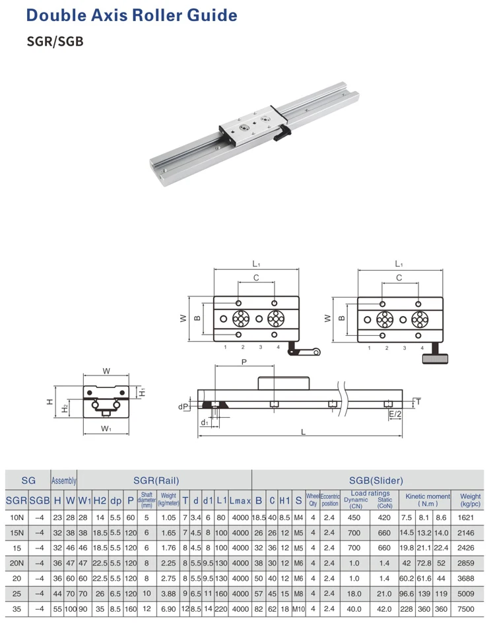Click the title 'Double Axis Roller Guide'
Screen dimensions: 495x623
[131, 15]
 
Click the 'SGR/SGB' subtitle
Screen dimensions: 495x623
[55, 42]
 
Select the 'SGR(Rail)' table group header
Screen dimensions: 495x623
[156, 480]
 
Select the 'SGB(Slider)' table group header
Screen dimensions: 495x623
[376, 480]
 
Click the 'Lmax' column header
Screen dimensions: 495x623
[240, 501]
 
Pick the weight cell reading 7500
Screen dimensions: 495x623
[465, 608]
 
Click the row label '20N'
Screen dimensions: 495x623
[16, 563]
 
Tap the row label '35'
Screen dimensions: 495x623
[16, 608]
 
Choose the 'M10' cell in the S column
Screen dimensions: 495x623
[298, 608]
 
